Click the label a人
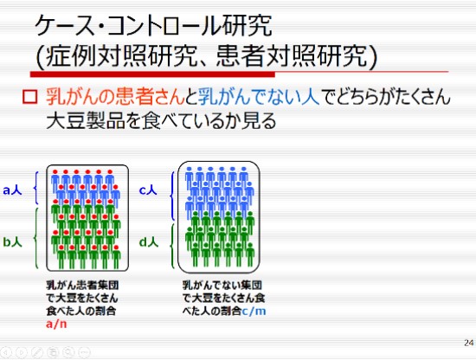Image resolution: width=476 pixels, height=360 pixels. pyautogui.click(x=12, y=190)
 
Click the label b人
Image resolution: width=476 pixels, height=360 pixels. pyautogui.click(x=12, y=242)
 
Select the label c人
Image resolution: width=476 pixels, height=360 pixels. pyautogui.click(x=148, y=190)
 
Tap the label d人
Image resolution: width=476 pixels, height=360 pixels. pyautogui.click(x=149, y=242)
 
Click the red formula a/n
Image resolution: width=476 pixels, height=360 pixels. pyautogui.click(x=56, y=324)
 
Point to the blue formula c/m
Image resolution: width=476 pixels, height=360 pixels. pyautogui.click(x=254, y=311)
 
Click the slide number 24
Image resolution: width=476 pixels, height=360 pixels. pyautogui.click(x=469, y=343)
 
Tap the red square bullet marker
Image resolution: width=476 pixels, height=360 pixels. pyautogui.click(x=29, y=97)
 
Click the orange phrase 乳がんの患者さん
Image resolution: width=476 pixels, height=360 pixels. pyautogui.click(x=115, y=97)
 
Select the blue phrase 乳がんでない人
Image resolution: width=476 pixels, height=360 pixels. pyautogui.click(x=259, y=97)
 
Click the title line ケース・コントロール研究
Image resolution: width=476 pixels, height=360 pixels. pyautogui.click(x=153, y=25)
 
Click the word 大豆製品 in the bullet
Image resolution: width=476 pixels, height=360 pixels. pyautogui.click(x=86, y=121)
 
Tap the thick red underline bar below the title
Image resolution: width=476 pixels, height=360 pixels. pyautogui.click(x=152, y=74)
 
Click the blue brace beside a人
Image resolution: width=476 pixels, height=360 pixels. pyautogui.click(x=36, y=188)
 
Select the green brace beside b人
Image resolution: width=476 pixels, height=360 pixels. pyautogui.click(x=36, y=238)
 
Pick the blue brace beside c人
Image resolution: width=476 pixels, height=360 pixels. pyautogui.click(x=172, y=196)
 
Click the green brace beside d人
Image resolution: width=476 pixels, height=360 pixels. pyautogui.click(x=172, y=246)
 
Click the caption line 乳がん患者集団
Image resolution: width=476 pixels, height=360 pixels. pyautogui.click(x=82, y=285)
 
